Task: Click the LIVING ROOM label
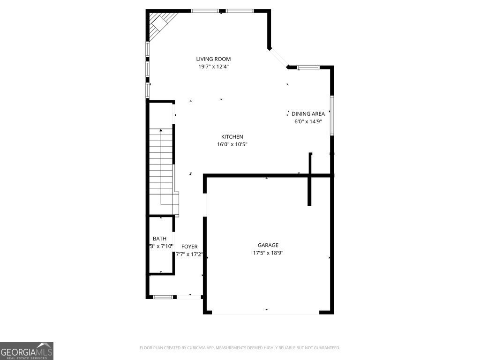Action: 213,59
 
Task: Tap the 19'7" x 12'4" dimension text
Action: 213,67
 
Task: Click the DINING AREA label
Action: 308,114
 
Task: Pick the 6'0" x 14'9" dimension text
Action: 308,121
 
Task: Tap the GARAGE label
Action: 268,245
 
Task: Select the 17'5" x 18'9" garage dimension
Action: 268,253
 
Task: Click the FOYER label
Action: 189,247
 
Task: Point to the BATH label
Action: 159,239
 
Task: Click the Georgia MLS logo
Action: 27,351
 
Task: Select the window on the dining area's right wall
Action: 331,115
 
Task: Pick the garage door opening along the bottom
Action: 265,313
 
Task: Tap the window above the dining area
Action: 308,67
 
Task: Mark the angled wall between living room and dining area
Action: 278,58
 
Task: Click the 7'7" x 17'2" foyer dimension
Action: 189,255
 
